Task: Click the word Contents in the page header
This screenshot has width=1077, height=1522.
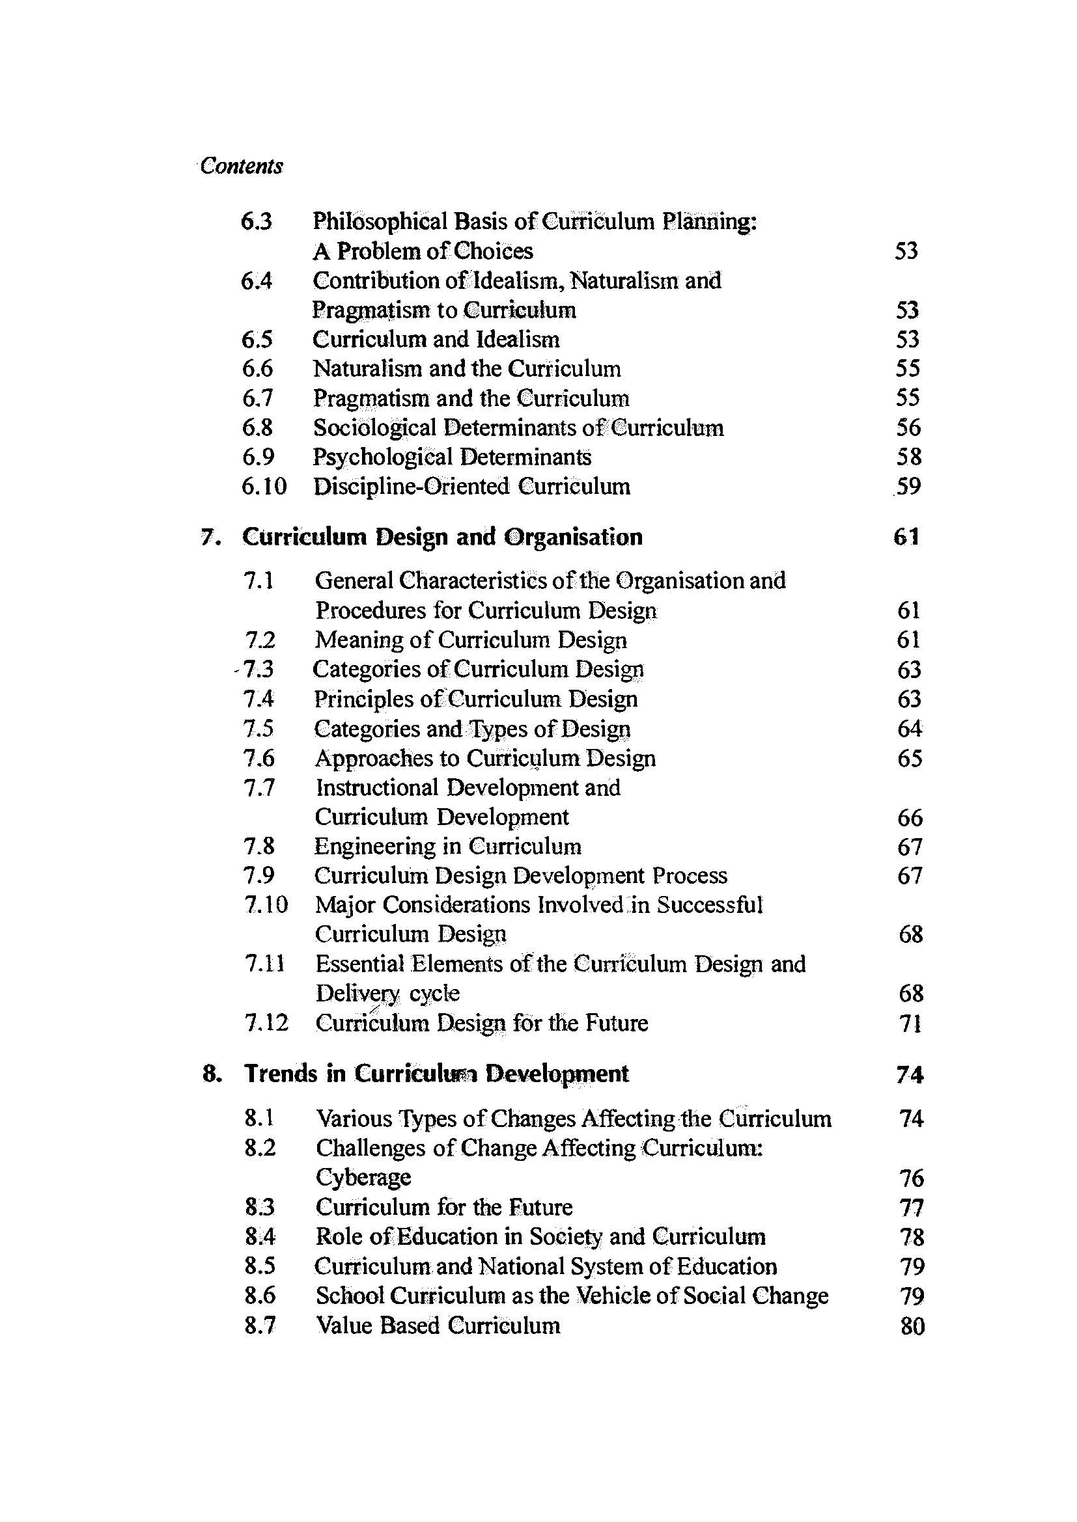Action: [x=242, y=166]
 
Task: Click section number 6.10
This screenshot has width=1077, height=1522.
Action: [x=264, y=487]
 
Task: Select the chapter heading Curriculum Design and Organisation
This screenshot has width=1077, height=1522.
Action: [x=442, y=536]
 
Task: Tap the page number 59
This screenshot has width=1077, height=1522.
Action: [x=907, y=487]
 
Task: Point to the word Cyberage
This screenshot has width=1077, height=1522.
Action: [x=363, y=1177]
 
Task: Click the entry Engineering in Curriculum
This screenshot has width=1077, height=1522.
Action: [x=447, y=847]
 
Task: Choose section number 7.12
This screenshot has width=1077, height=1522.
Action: [x=266, y=1023]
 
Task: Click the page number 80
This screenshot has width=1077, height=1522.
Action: [x=912, y=1325]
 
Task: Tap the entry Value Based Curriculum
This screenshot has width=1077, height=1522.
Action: [x=438, y=1325]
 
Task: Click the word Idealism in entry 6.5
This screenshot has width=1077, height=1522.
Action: [x=518, y=340]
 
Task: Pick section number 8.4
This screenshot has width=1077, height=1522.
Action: [x=259, y=1237]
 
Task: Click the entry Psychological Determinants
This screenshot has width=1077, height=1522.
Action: [x=453, y=457]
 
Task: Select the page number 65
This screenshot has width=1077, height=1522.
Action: [x=909, y=758]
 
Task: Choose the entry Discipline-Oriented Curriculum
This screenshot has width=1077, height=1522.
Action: [x=471, y=487]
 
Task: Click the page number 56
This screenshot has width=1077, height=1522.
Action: [x=908, y=428]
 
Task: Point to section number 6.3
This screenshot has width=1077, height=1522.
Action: [x=257, y=221]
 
